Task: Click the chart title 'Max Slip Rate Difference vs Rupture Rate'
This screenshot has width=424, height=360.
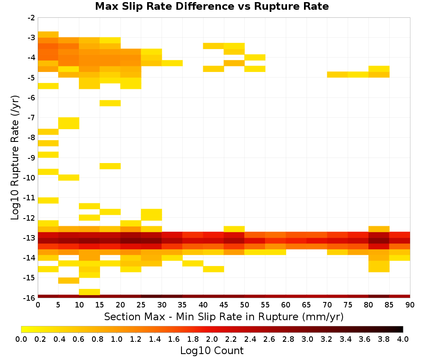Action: pos(212,6)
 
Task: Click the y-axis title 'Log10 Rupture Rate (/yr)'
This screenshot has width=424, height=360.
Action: pos(15,158)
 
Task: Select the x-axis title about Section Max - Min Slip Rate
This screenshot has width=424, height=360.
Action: pos(224,316)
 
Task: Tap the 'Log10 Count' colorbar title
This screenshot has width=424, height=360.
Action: pos(212,351)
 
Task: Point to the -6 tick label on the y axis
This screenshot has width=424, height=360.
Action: pos(31,98)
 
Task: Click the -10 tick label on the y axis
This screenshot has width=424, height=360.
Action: pos(29,178)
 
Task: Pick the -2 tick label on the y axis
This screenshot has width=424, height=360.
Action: pos(31,18)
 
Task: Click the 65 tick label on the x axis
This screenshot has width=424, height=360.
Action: pos(307,305)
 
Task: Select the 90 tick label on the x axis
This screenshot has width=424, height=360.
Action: pos(410,305)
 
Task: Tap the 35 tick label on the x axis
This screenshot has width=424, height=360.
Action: pos(182,305)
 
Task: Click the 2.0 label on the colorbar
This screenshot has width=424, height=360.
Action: pos(212,339)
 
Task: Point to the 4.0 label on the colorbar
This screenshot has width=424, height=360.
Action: pos(403,339)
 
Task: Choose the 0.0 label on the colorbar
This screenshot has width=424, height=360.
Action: pos(21,339)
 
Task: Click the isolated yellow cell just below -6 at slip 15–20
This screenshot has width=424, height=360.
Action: pos(110,103)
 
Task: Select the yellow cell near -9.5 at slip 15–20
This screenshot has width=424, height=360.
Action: pos(110,166)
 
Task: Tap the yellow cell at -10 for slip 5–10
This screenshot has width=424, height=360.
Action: pos(69,177)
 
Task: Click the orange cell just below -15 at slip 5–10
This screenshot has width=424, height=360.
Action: pos(69,281)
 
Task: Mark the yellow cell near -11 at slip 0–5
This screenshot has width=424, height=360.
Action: pos(48,200)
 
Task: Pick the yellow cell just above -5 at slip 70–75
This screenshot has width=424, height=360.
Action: pos(338,75)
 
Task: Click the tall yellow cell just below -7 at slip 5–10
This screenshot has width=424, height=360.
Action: pos(69,123)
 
